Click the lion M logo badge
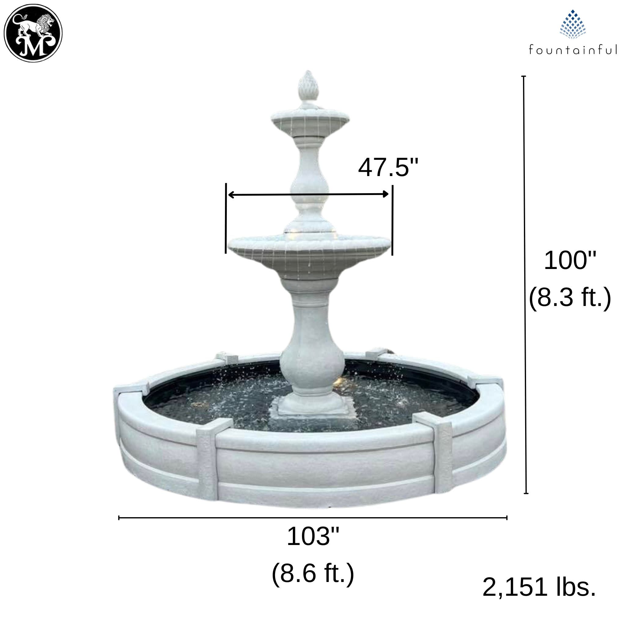point(33,33)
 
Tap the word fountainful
point(573,50)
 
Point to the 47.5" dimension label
point(388,168)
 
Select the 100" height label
point(570,260)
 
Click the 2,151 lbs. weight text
point(539,596)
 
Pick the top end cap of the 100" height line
point(523,76)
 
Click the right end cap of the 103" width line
point(506,517)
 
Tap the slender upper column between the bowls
point(309,182)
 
